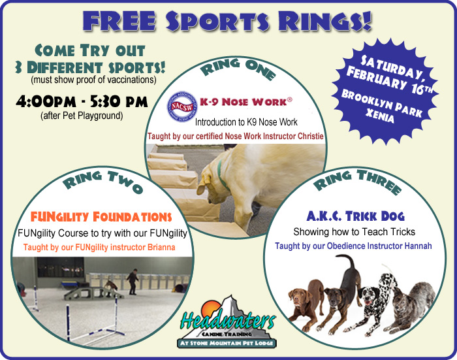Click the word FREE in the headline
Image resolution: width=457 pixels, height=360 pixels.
pyautogui.click(x=119, y=21)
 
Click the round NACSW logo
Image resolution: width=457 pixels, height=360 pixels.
pyautogui.click(x=182, y=106)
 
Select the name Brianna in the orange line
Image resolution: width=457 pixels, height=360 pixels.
pyautogui.click(x=161, y=248)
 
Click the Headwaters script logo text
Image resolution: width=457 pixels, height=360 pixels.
pyautogui.click(x=228, y=320)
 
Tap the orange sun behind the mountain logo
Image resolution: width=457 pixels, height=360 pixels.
pyautogui.click(x=210, y=308)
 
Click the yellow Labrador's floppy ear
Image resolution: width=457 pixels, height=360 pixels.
pyautogui.click(x=203, y=184)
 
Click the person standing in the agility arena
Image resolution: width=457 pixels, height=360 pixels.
pyautogui.click(x=133, y=282)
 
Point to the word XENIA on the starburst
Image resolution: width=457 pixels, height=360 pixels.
pyautogui.click(x=380, y=116)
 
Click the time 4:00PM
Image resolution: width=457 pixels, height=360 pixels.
pyautogui.click(x=46, y=102)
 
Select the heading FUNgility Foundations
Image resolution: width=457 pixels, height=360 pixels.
pyautogui.click(x=101, y=217)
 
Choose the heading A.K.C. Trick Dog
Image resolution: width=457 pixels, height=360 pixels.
pyautogui.click(x=355, y=216)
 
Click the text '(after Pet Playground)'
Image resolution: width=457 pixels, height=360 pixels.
pyautogui.click(x=82, y=116)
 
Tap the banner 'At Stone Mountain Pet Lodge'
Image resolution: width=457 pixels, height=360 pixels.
pyautogui.click(x=227, y=343)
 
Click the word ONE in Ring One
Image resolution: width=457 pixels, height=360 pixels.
pyautogui.click(x=260, y=70)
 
